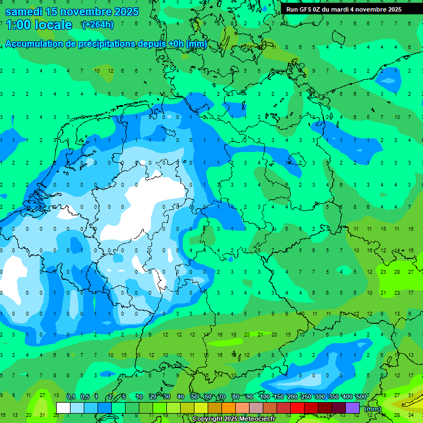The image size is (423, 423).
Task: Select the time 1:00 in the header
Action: click(18, 25)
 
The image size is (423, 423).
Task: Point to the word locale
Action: click(53, 25)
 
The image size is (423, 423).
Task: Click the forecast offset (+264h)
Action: click(97, 24)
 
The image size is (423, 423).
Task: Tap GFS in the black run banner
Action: click(306, 9)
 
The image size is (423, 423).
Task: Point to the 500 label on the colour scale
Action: click(361, 397)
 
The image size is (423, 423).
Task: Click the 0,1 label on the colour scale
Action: click(70, 397)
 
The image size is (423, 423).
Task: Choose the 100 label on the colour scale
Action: click(264, 397)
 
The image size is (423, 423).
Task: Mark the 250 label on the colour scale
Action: click(306, 397)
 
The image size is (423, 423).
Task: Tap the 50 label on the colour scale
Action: click(194, 397)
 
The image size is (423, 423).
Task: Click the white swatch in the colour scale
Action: click(63, 408)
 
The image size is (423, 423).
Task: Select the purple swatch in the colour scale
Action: click(352, 408)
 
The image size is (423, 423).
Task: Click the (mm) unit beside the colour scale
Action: click(373, 409)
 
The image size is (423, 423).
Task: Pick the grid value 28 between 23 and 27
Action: click(397, 272)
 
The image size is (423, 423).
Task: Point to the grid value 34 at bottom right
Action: click(411, 415)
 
